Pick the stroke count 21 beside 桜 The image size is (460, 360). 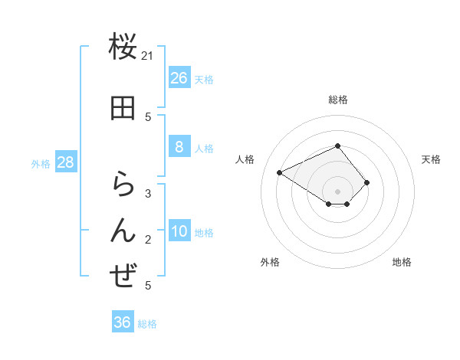pos(148,56)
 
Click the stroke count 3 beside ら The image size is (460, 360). pos(148,194)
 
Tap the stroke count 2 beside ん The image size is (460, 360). pos(148,240)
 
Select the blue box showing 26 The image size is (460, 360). pos(179,77)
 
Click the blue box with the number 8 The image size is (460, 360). pos(179,147)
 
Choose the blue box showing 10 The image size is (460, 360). pos(179,231)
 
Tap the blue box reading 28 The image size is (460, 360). pos(64,162)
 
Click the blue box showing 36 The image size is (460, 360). pos(123,322)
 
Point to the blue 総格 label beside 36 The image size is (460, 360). pos(147,324)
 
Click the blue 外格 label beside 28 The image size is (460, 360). pos(41,163)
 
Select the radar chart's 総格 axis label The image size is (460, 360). pos(337,100)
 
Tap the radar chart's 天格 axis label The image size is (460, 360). pos(431,159)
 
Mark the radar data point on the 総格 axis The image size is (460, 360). pos(337,146)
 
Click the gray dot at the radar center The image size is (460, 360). pos(337,191)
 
